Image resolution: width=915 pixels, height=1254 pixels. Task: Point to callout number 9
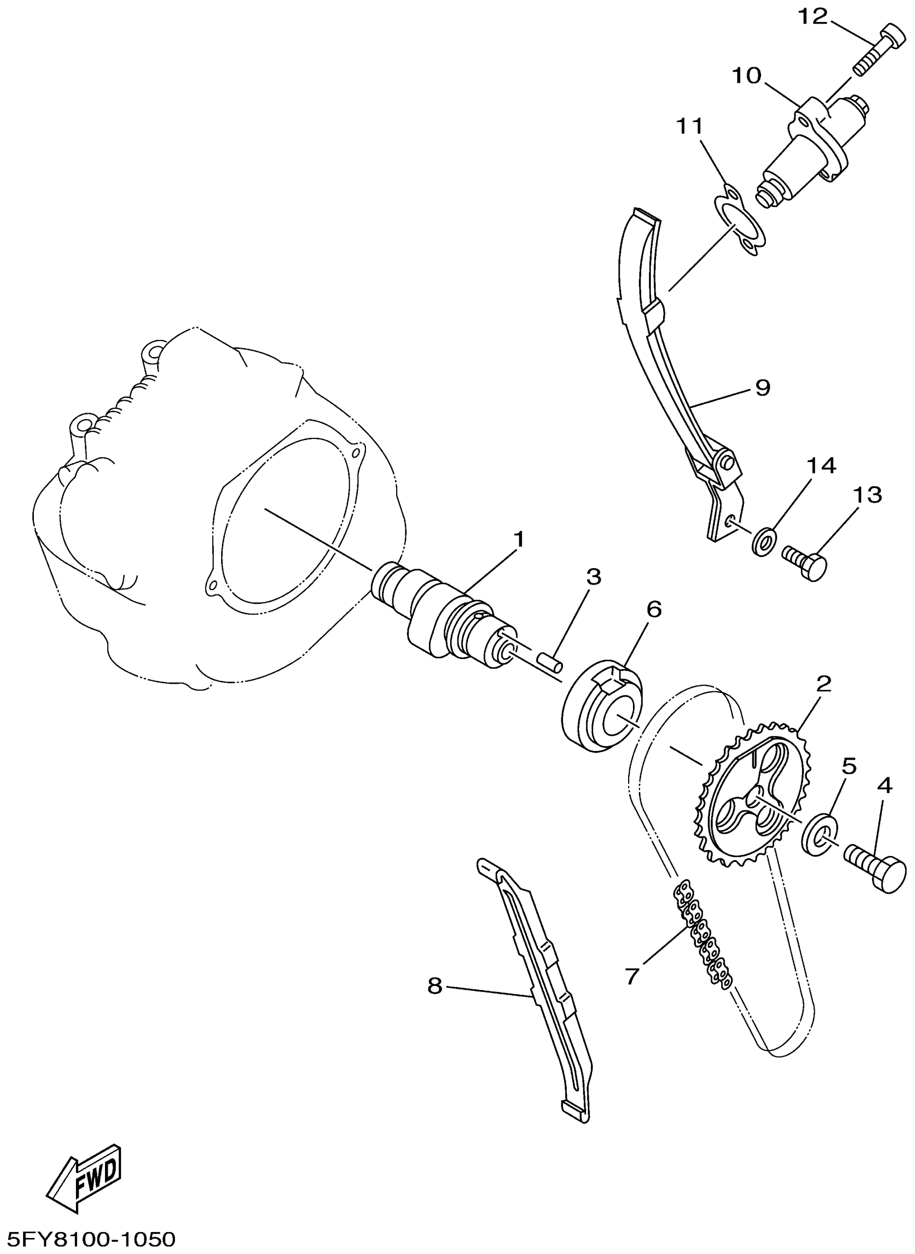pyautogui.click(x=763, y=387)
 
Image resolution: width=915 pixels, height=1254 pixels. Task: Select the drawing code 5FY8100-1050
pyautogui.click(x=88, y=1239)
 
